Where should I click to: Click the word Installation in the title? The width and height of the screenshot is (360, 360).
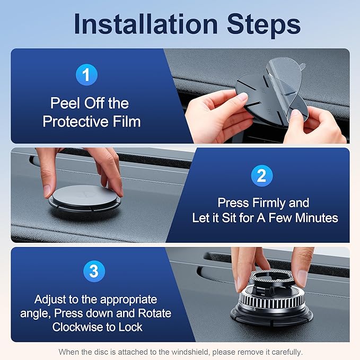pos(146,24)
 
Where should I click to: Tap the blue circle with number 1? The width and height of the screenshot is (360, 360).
pos(86,75)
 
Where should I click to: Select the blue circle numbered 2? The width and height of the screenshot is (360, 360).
pos(262,175)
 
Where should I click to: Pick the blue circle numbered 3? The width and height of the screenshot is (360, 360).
pos(94,271)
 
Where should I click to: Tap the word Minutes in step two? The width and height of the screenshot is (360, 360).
pos(317,218)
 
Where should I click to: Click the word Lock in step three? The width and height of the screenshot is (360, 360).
pos(130,327)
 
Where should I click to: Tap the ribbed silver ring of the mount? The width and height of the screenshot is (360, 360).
pos(271,299)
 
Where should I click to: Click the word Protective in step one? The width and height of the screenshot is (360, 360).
pos(75,121)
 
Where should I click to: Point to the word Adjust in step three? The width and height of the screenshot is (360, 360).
pos(50,300)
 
